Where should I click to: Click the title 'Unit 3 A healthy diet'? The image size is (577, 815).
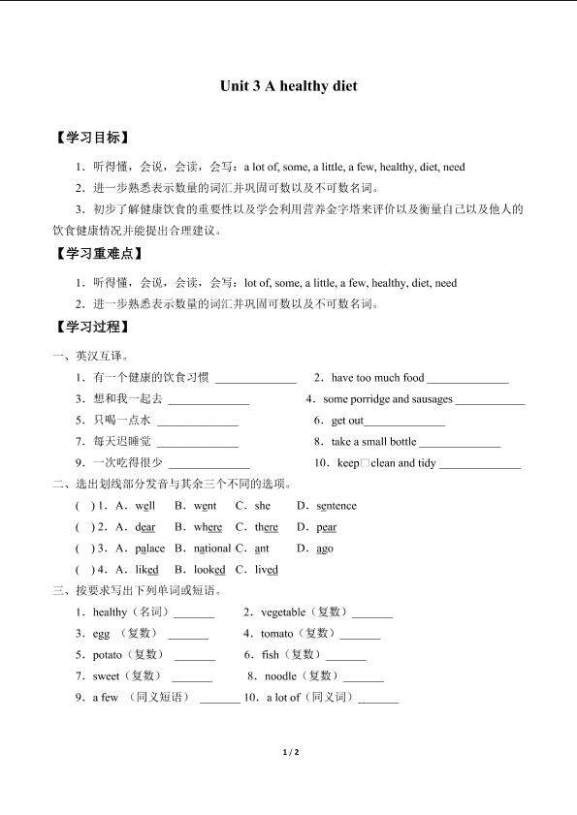click(x=288, y=86)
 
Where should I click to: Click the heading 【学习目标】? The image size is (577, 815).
click(x=93, y=138)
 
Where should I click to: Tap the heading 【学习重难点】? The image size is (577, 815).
click(x=100, y=254)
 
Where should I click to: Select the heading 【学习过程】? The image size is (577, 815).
click(x=93, y=326)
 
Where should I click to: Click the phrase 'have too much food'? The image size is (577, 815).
click(x=377, y=378)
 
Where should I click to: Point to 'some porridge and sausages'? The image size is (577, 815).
click(x=388, y=399)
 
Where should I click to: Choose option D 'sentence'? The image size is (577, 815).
click(x=337, y=506)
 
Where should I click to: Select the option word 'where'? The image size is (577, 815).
click(x=208, y=527)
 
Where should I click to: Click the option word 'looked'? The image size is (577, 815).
click(x=208, y=570)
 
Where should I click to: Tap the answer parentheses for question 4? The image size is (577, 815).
click(x=85, y=570)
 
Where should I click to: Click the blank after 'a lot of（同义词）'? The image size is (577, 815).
click(x=378, y=699)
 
